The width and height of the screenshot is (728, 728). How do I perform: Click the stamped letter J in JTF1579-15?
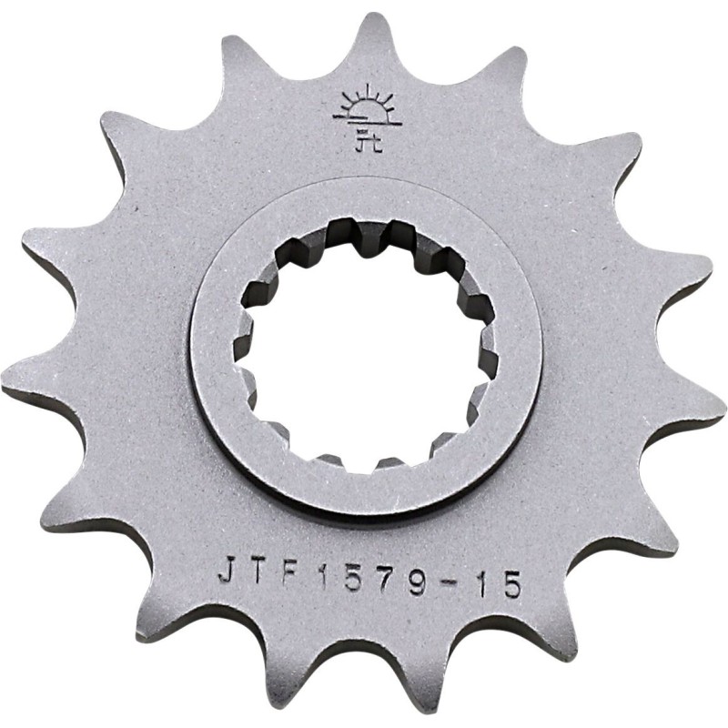[227, 570]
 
